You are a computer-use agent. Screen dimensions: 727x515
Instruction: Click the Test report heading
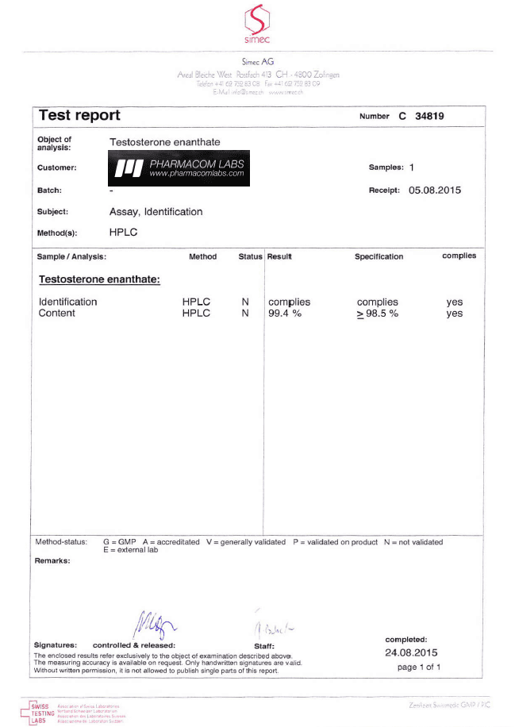(79, 116)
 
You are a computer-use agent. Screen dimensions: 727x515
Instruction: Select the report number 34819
(429, 116)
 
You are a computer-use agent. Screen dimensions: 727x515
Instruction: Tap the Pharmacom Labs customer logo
(179, 168)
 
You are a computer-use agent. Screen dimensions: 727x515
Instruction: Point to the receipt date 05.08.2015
(434, 190)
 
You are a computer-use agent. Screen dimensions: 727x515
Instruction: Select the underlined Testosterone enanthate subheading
(99, 280)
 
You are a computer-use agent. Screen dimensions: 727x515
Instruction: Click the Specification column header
(379, 256)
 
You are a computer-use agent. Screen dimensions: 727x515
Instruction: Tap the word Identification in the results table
(68, 302)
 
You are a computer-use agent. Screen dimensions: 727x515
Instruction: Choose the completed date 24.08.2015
(411, 652)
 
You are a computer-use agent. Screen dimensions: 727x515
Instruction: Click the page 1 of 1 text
(418, 667)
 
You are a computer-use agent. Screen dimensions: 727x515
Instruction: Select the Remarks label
(52, 560)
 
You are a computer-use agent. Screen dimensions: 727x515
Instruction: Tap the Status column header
(250, 256)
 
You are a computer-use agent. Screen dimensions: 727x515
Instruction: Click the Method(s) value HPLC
(123, 233)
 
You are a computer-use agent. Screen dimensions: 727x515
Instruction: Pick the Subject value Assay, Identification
(156, 212)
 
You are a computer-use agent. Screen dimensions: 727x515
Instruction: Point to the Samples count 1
(412, 168)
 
